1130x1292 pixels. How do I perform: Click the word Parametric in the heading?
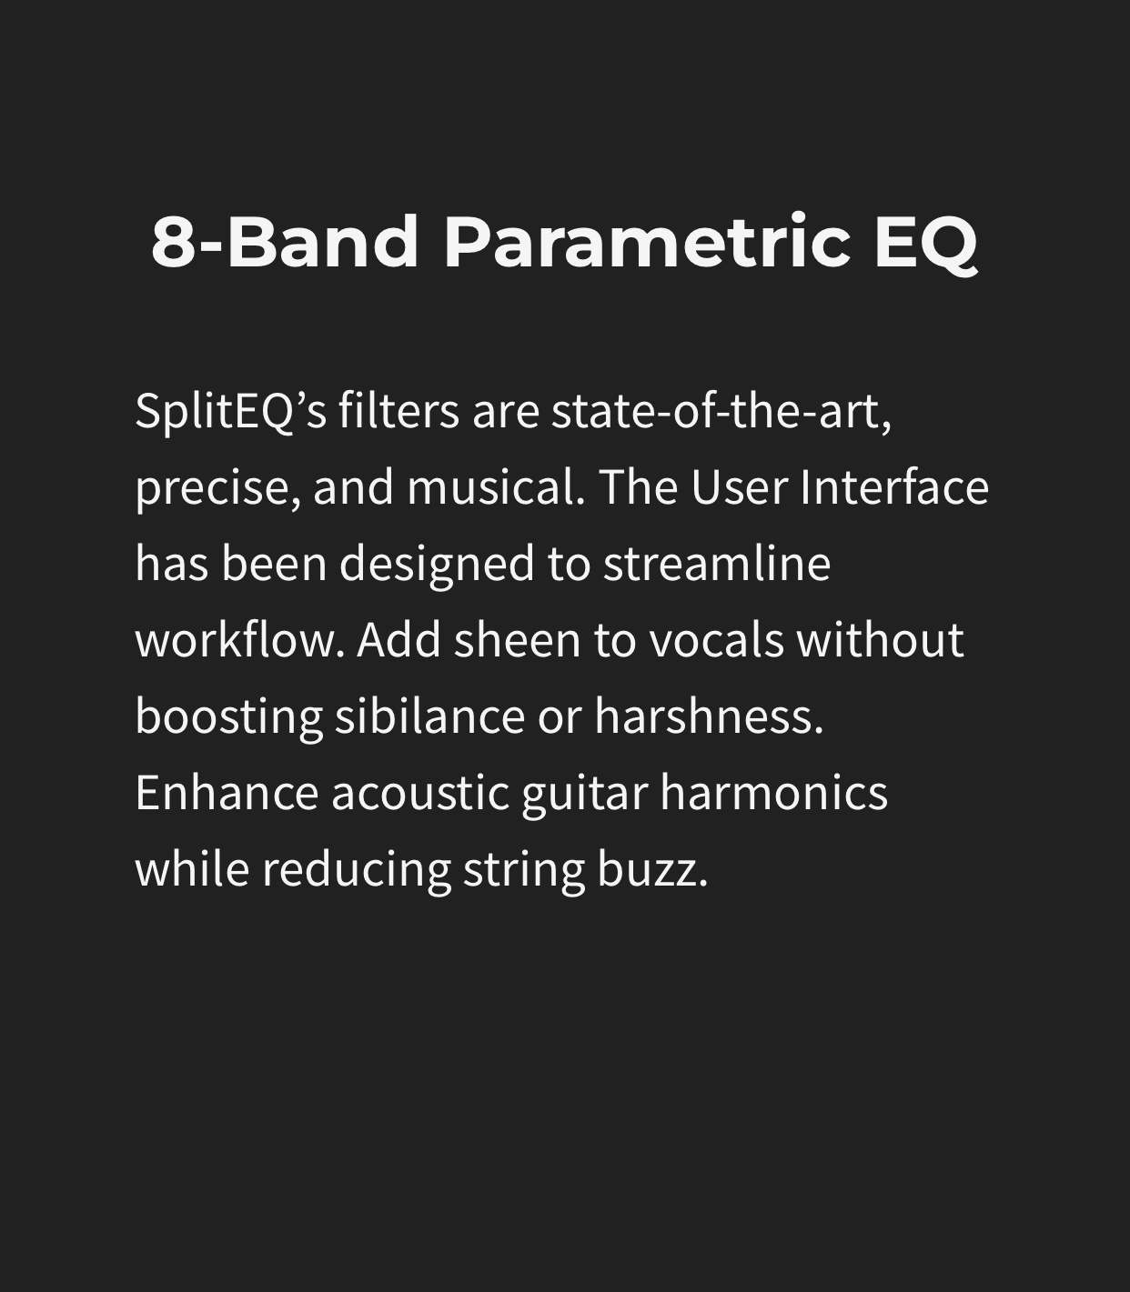[x=648, y=242]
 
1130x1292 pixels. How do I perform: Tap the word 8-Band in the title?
[x=285, y=242]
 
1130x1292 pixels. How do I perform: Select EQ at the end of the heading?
[x=926, y=244]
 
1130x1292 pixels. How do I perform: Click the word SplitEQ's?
[x=230, y=412]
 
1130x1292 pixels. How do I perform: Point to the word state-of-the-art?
[x=721, y=412]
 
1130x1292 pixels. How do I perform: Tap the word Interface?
[x=894, y=487]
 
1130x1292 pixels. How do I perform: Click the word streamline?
[x=717, y=564]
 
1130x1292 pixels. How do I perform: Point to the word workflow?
[x=240, y=640]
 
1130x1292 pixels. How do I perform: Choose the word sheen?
[x=517, y=641]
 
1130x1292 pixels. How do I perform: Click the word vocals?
[x=717, y=641]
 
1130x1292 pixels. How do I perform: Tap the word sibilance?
[x=429, y=716]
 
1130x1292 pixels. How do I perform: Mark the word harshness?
[x=709, y=716]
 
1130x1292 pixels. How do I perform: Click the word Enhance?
[x=227, y=793]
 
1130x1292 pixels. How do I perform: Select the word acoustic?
[x=420, y=794]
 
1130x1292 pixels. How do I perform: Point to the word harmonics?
[x=773, y=793]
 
